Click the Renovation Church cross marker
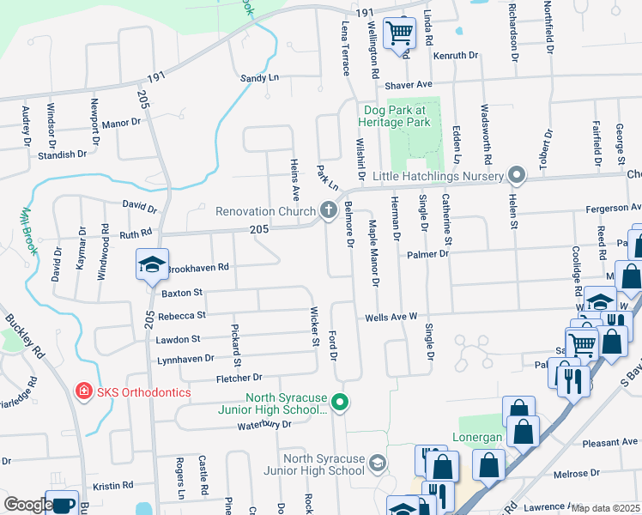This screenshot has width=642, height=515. point(327,209)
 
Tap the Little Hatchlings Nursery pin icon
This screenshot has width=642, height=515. point(516,176)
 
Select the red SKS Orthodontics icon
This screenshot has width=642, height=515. point(83,391)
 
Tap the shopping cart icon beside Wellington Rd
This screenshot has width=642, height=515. point(399,34)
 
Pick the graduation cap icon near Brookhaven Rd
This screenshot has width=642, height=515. point(151,266)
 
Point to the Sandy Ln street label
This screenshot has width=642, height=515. point(260,77)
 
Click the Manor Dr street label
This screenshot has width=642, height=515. point(120,123)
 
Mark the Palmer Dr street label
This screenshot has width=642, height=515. point(428,254)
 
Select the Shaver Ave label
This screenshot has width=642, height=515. point(409,85)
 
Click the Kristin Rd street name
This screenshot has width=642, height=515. point(114,485)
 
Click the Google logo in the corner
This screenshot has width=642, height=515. point(28,505)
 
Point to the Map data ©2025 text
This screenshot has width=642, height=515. point(605,508)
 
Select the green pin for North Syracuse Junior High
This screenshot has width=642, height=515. point(341,402)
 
